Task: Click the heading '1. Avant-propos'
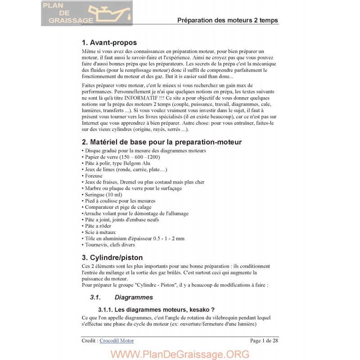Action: (x=109, y=43)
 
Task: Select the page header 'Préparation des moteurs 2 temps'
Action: (x=227, y=20)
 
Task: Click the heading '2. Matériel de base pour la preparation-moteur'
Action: (x=162, y=142)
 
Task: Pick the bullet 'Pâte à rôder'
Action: (x=96, y=226)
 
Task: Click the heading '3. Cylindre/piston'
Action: (x=112, y=258)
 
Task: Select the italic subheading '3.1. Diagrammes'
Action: (x=121, y=297)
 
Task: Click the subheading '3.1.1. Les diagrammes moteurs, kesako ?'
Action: (x=156, y=310)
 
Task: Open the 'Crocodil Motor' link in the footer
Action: (x=117, y=341)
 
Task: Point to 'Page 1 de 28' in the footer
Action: (x=264, y=341)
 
